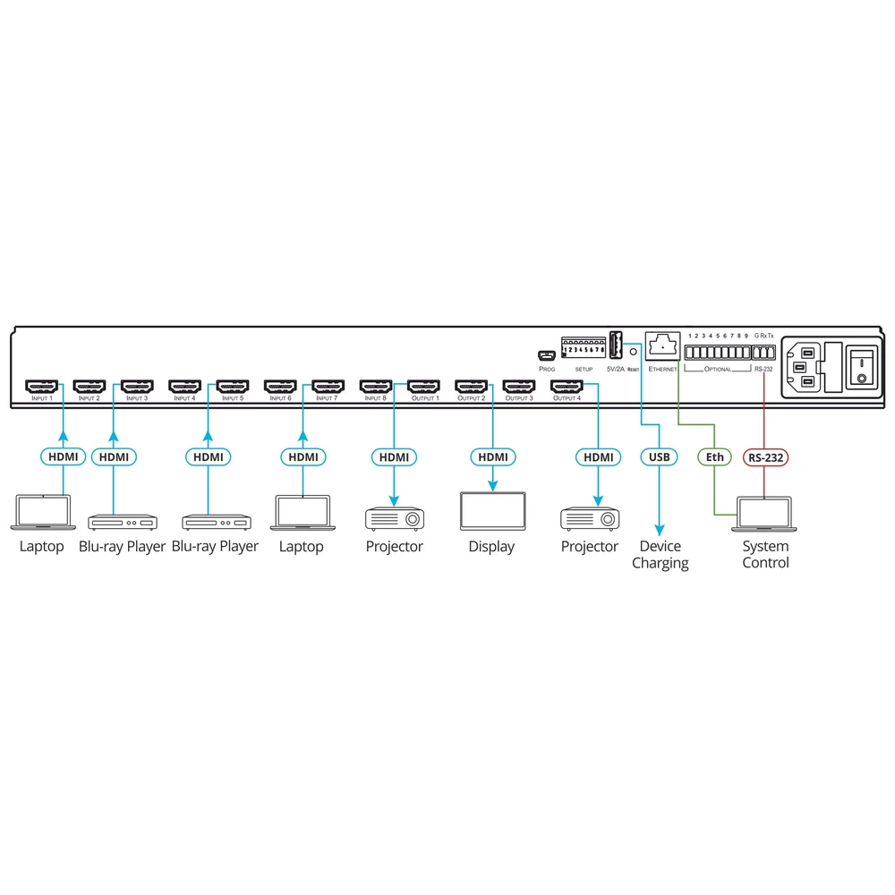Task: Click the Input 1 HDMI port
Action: (42, 387)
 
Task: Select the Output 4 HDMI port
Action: (567, 387)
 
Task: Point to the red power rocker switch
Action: (861, 365)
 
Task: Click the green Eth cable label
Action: (714, 457)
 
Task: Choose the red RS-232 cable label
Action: (764, 457)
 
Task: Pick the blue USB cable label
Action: (659, 457)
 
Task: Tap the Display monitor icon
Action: (492, 512)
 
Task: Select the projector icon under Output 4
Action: (590, 518)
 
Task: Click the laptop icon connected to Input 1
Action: (42, 512)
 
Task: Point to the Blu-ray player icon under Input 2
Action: (123, 522)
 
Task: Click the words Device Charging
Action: (660, 555)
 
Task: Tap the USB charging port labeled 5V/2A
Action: (616, 345)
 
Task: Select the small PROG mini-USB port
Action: (547, 354)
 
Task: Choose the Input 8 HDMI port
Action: (376, 387)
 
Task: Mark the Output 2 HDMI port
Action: (471, 387)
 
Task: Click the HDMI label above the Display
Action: (492, 457)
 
